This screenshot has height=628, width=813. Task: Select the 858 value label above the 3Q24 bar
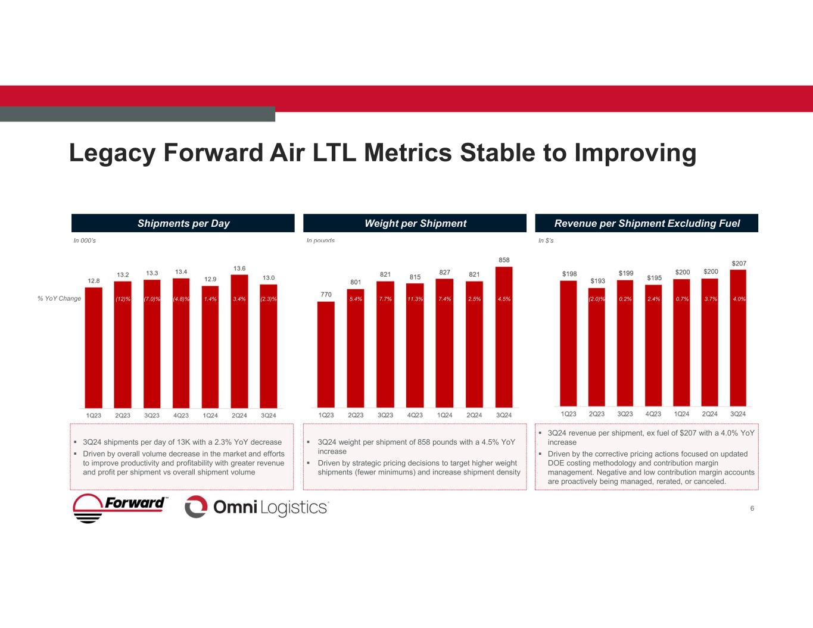click(x=504, y=260)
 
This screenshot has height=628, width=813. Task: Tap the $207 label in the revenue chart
click(x=739, y=263)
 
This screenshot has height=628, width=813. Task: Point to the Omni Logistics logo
click(x=257, y=507)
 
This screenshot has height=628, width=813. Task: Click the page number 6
click(x=752, y=508)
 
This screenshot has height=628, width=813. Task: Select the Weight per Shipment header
click(x=415, y=223)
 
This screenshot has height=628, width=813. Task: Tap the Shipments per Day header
click(x=183, y=223)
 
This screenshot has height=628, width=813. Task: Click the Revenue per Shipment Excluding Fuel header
click(x=647, y=223)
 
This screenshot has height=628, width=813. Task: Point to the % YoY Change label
click(x=59, y=298)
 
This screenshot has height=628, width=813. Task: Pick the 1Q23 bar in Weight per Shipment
click(x=326, y=354)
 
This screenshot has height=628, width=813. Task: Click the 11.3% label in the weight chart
click(x=415, y=299)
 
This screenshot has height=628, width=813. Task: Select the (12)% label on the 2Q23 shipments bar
click(x=123, y=299)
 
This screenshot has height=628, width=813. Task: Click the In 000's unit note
click(x=85, y=240)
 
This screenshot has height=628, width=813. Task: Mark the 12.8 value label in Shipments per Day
click(x=94, y=281)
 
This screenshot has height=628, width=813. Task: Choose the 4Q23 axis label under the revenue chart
click(x=653, y=414)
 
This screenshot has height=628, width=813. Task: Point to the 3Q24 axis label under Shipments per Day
click(x=269, y=415)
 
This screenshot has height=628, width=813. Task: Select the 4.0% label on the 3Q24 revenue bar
click(x=739, y=299)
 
